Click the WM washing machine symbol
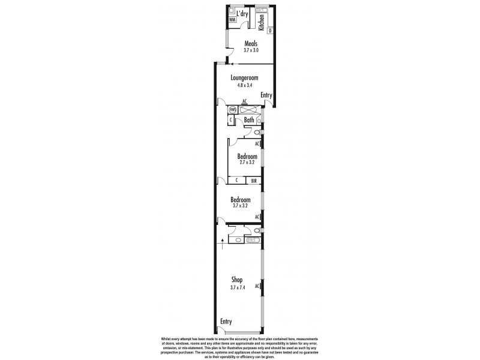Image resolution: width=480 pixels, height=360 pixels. [232, 20]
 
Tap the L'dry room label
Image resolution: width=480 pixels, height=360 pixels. [242, 14]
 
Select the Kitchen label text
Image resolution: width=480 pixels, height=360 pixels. [261, 22]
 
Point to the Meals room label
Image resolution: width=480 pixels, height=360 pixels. [251, 43]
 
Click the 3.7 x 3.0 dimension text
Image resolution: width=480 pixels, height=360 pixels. [251, 50]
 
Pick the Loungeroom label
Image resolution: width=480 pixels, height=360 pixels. [244, 78]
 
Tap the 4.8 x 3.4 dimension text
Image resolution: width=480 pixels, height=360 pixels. [244, 86]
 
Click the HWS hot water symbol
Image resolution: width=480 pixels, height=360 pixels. [232, 110]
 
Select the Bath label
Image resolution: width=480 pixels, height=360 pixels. [249, 120]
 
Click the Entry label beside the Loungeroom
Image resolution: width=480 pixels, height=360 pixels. [266, 95]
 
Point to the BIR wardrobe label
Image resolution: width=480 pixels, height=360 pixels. [254, 180]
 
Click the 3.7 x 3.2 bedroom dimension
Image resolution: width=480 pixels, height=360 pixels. [240, 206]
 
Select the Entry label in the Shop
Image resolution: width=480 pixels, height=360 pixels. [226, 322]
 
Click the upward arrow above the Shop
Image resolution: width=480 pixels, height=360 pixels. [223, 243]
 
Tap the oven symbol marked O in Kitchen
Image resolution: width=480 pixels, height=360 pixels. [270, 30]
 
